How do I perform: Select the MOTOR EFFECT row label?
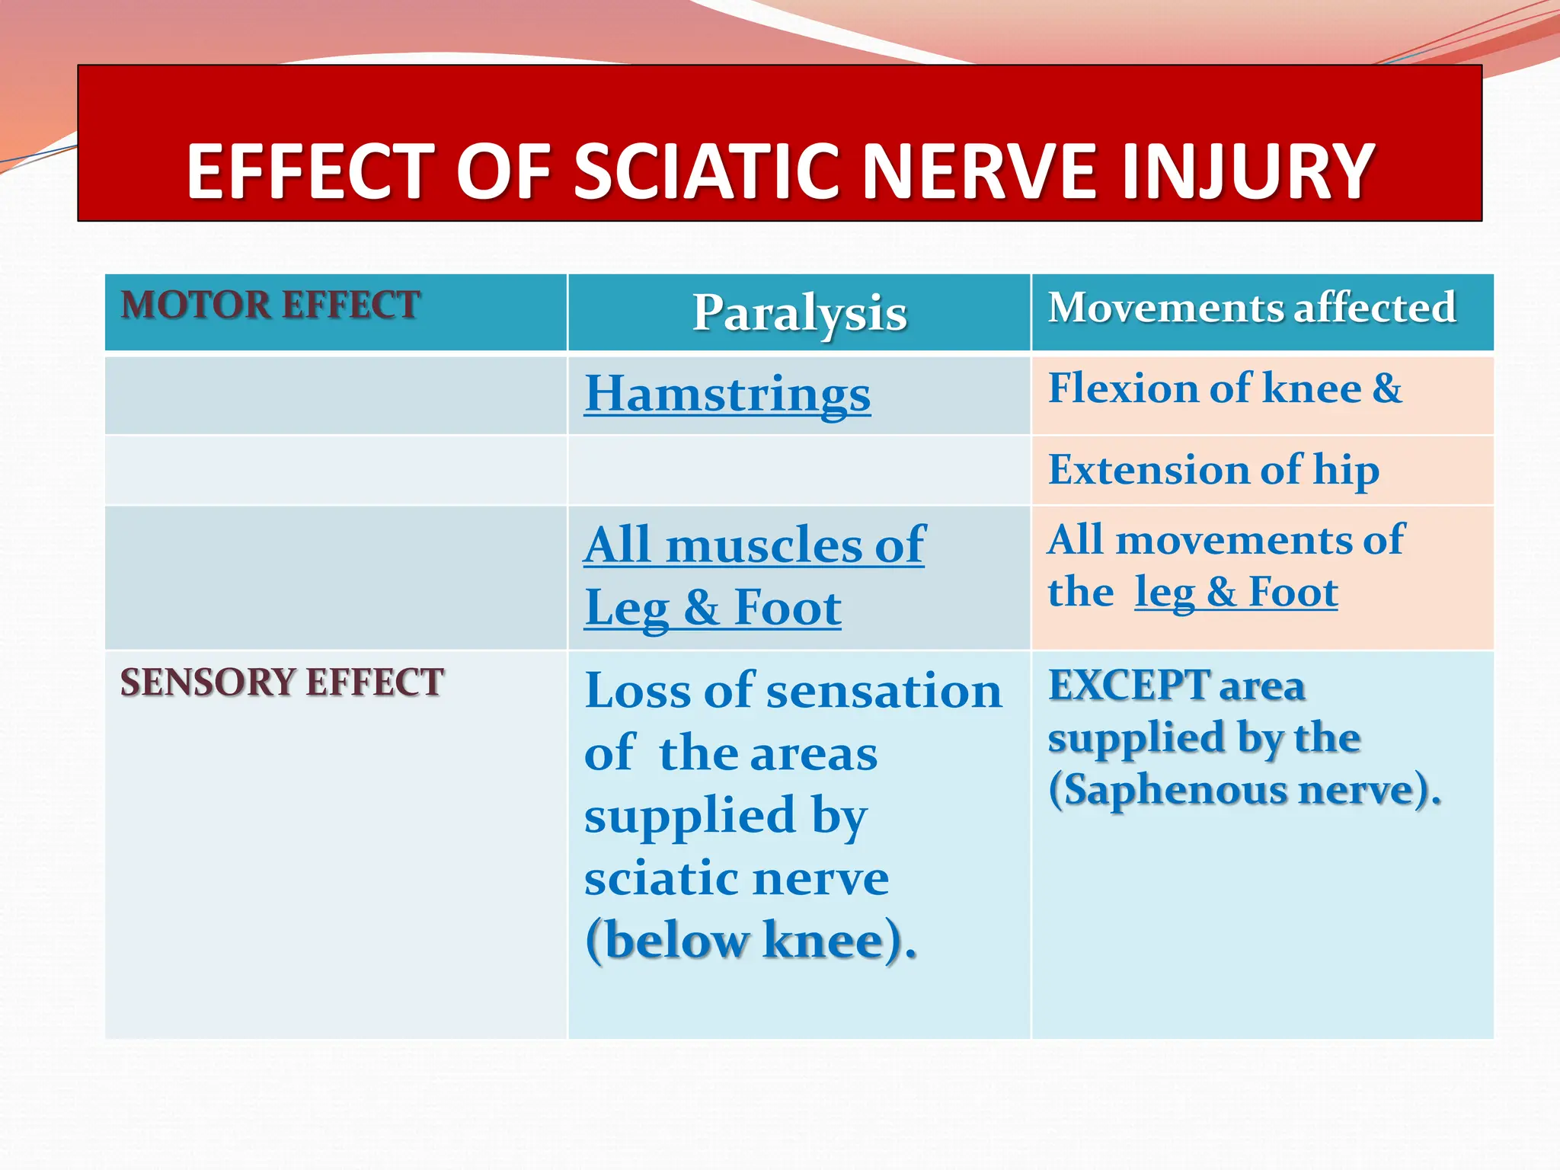point(270,305)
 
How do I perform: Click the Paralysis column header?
point(799,313)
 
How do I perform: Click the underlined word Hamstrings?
point(727,395)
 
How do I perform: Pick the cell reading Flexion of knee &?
point(1224,388)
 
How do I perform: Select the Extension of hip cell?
point(1213,470)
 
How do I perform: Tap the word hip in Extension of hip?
point(1346,470)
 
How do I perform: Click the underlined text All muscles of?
point(754,545)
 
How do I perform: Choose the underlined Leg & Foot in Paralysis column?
point(713,608)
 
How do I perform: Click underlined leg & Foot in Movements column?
point(1236,592)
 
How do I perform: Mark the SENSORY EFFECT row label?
point(282,682)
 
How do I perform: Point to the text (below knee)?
point(750,941)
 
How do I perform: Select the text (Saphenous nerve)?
point(1245,790)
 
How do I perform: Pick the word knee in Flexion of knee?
point(1312,388)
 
